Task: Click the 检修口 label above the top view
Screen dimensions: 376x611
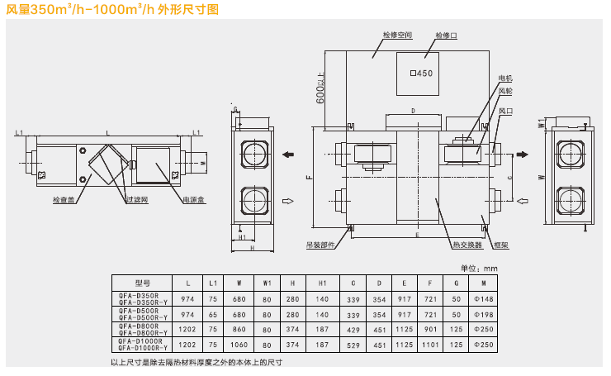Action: (440, 37)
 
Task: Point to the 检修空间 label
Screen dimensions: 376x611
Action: (396, 36)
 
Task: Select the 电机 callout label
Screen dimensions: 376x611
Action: (504, 79)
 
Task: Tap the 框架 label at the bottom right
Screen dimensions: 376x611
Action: (500, 245)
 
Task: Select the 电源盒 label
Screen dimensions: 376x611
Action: (193, 199)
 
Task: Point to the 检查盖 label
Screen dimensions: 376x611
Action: (64, 199)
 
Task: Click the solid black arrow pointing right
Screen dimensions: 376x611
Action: (523, 154)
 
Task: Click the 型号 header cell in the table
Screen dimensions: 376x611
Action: (142, 283)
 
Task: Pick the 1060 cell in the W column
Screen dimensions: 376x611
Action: (239, 343)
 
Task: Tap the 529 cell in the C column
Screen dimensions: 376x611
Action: (353, 343)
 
